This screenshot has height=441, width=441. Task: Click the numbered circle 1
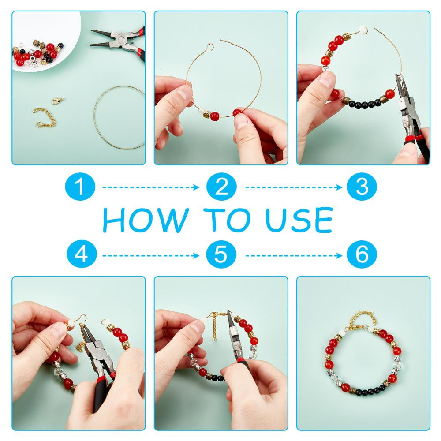(80, 187)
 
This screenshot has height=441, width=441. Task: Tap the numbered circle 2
(221, 187)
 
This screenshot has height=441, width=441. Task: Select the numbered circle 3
(362, 187)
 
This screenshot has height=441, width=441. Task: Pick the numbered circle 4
(82, 254)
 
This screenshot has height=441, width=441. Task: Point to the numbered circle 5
(221, 254)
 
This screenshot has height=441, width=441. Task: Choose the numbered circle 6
(362, 254)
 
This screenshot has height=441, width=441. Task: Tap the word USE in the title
(299, 220)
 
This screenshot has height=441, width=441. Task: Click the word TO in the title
(227, 220)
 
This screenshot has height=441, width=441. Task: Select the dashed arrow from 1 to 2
(150, 187)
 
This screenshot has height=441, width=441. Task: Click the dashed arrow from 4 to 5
(150, 255)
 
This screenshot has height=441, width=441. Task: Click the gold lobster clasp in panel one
(57, 101)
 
